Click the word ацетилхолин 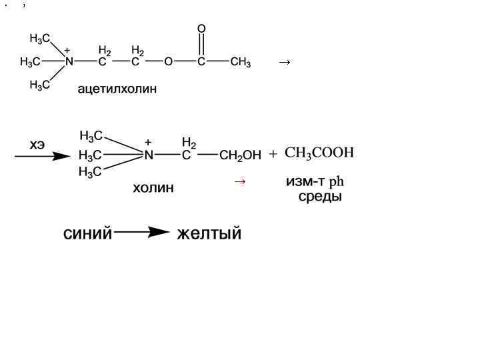click(117, 89)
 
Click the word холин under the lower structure click(153, 188)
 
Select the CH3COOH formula click(319, 153)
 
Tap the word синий click(87, 234)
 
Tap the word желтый click(209, 234)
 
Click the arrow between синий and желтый click(143, 233)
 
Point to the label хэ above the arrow click(37, 144)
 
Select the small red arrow click(240, 181)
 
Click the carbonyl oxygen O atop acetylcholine click(201, 29)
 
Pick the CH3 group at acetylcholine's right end click(240, 63)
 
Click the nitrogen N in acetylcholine click(69, 62)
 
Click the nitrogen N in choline click(149, 155)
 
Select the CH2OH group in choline click(240, 156)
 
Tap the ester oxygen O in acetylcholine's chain click(168, 63)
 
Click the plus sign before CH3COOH click(273, 154)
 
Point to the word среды click(320, 197)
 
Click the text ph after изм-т click(337, 181)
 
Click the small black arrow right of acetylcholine click(284, 62)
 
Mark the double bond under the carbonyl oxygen click(201, 45)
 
